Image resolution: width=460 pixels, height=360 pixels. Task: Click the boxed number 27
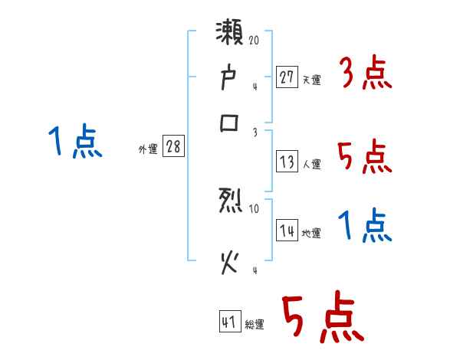point(286,77)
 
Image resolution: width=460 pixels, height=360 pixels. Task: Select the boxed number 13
point(286,162)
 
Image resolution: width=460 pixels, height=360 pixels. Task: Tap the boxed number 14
point(286,231)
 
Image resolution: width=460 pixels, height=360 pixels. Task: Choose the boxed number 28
point(173,147)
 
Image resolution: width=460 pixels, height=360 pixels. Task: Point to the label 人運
point(311,164)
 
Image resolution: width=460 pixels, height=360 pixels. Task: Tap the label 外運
point(148,149)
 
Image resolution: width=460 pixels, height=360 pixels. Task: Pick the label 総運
point(255,325)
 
